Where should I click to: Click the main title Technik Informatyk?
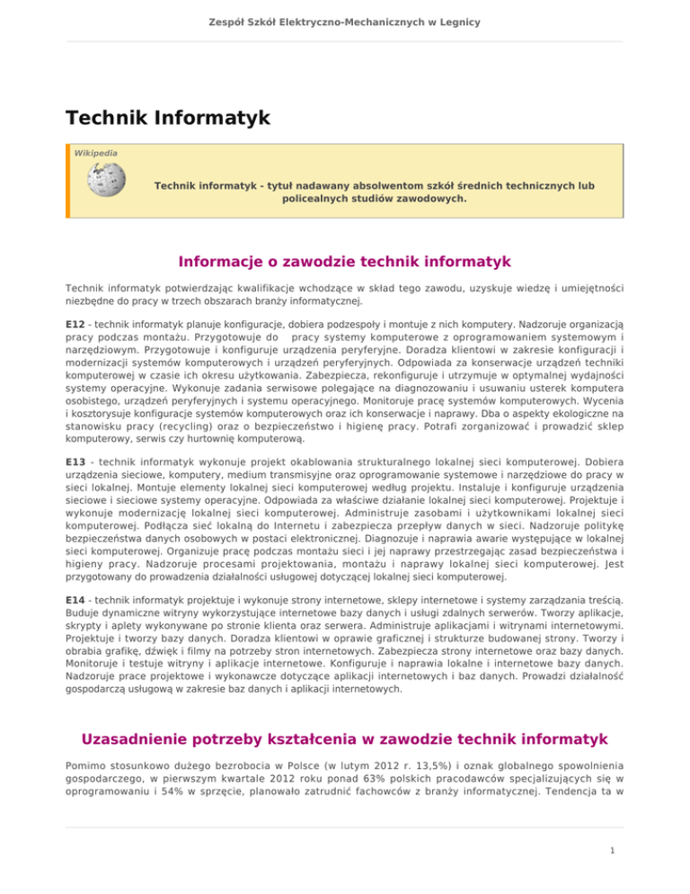tap(166, 118)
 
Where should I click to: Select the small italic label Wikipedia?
tap(94, 153)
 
